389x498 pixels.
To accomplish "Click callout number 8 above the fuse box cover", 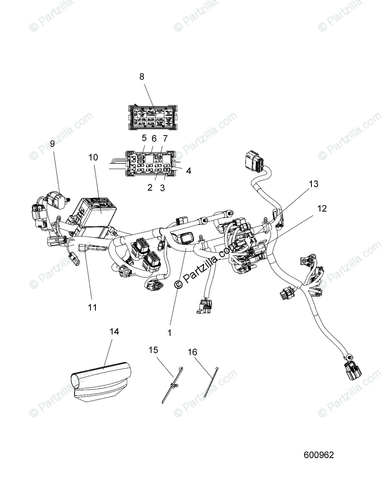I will pyautogui.click(x=142, y=76).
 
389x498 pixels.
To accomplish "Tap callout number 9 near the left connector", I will pyautogui.click(x=52, y=144).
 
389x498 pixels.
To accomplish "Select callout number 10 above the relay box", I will pyautogui.click(x=93, y=157).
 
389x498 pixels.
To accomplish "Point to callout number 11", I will pyautogui.click(x=92, y=307).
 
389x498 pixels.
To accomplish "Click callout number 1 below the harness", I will pyautogui.click(x=169, y=332).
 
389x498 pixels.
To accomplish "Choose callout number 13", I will pyautogui.click(x=314, y=184).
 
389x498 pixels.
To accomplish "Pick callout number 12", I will pyautogui.click(x=322, y=208).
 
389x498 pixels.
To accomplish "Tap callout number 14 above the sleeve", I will pyautogui.click(x=114, y=332).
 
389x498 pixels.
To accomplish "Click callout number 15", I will pyautogui.click(x=153, y=350).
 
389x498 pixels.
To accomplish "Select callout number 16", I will pyautogui.click(x=192, y=352).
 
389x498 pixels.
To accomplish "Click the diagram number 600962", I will pyautogui.click(x=318, y=455).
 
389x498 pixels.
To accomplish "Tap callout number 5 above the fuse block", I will pyautogui.click(x=144, y=138).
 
